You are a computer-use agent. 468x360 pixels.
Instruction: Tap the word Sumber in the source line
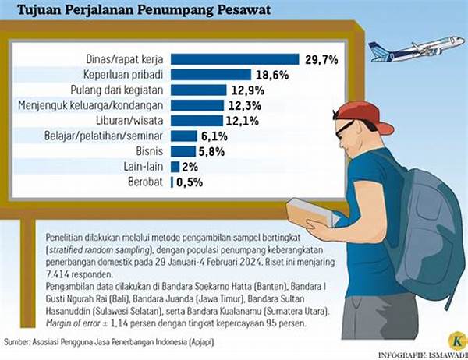click(x=19, y=341)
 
